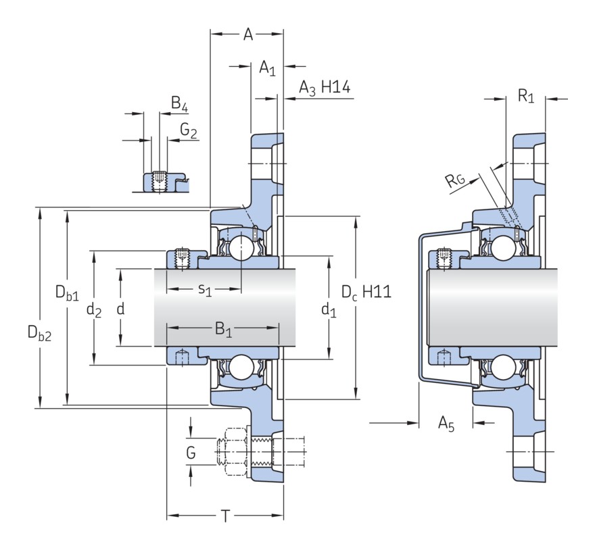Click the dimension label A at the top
[x=248, y=34]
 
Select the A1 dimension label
[x=268, y=68]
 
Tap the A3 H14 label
[x=324, y=89]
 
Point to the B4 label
[x=179, y=105]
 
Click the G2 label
[x=189, y=130]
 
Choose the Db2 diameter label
[x=39, y=332]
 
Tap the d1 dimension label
[x=329, y=310]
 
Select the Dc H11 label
[x=366, y=293]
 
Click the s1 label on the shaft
[x=205, y=290]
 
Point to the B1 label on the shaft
[x=223, y=330]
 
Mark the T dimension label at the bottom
[x=226, y=517]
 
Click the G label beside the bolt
[x=191, y=452]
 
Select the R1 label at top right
[x=525, y=97]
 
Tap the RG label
[x=454, y=180]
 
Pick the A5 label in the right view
[x=446, y=424]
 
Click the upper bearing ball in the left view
[x=240, y=248]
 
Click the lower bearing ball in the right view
[x=502, y=368]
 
